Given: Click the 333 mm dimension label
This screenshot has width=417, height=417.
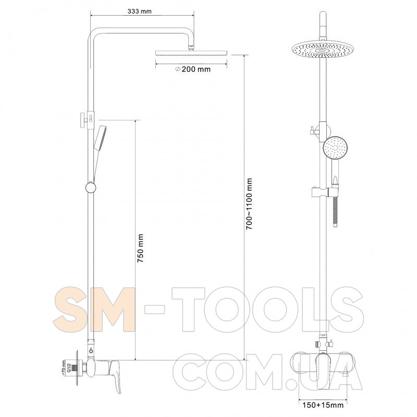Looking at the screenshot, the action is [139, 11].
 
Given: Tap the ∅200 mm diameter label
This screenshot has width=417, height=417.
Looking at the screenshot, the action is [192, 69].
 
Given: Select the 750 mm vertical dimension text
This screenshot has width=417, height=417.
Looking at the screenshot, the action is [140, 248].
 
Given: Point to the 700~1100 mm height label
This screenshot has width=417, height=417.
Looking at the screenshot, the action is [249, 204].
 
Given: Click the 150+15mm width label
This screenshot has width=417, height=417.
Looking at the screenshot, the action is [323, 405].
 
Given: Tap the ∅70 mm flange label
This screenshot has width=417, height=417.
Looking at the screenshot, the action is [63, 367].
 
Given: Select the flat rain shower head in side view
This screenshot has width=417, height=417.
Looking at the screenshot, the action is [191, 53].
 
